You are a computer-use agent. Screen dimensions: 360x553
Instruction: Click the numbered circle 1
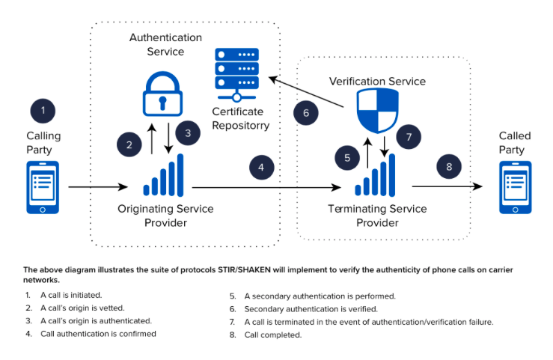coord(43,111)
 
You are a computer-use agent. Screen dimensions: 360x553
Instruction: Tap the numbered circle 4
coord(261,168)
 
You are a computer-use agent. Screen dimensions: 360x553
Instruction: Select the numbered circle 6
coord(305,114)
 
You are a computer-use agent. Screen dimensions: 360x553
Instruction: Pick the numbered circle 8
coord(449,167)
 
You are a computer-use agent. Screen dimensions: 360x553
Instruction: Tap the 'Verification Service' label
coord(377,81)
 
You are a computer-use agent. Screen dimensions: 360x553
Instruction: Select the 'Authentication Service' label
coord(165,44)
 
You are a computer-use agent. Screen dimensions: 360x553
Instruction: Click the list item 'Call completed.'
coord(272,335)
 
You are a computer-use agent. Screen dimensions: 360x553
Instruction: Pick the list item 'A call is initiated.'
coord(73,296)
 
